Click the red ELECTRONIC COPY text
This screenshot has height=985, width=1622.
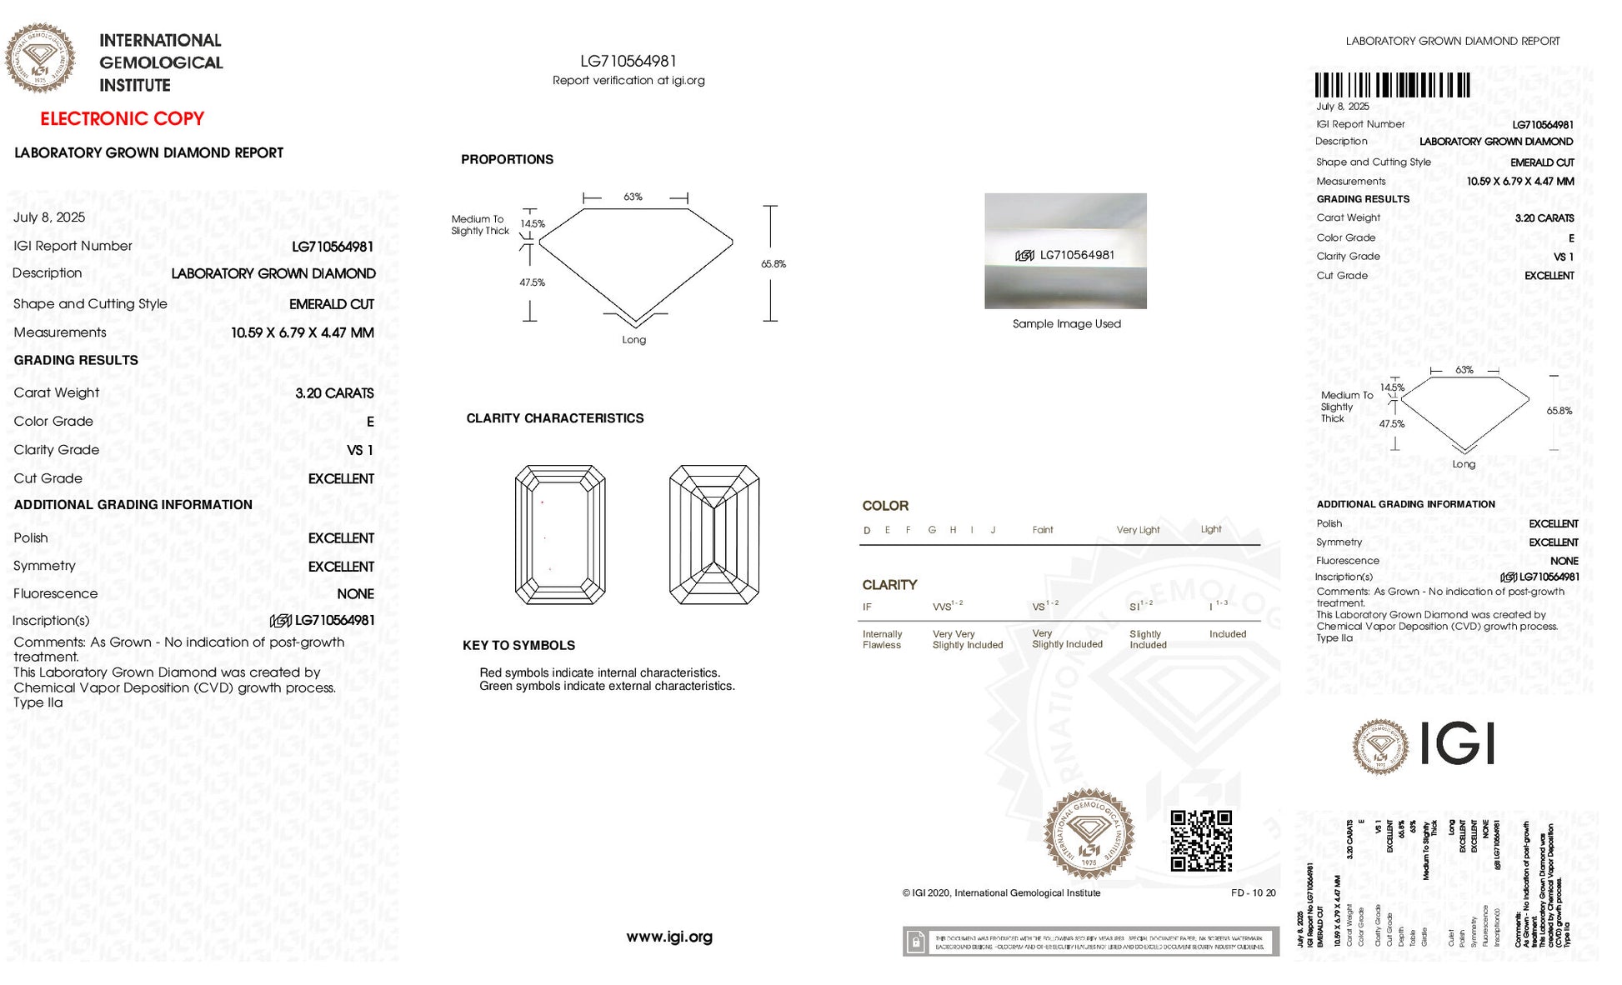123,118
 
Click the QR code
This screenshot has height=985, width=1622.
1201,840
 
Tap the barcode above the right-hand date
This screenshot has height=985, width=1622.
1392,85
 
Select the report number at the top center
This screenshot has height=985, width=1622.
628,61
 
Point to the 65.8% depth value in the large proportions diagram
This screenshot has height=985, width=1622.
773,264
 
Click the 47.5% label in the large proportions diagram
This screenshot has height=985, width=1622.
532,282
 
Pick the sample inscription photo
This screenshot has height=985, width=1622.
1065,251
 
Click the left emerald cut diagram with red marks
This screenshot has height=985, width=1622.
560,534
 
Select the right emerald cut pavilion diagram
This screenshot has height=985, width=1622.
714,534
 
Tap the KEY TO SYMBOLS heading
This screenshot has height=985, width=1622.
518,645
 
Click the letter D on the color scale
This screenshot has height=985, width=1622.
867,530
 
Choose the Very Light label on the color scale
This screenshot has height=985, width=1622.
1138,530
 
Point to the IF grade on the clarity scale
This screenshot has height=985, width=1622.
867,607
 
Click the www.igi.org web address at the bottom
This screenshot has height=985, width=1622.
669,937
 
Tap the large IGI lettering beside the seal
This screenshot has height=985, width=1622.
1457,743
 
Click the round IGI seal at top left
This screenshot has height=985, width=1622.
40,57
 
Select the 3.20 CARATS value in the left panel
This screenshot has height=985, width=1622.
334,393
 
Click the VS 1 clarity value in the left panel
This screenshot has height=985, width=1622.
359,450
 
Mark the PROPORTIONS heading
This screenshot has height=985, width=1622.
507,159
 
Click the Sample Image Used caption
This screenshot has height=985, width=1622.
1066,324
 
